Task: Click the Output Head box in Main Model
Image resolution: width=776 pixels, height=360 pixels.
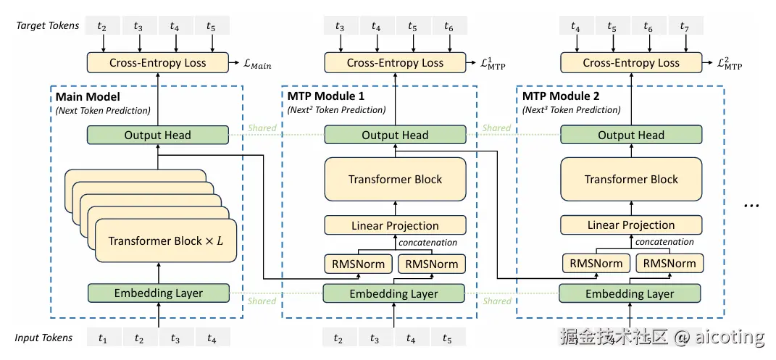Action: (x=157, y=135)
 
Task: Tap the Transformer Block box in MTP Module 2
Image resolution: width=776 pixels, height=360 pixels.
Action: (x=631, y=179)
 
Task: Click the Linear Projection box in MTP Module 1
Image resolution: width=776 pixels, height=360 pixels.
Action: (x=395, y=225)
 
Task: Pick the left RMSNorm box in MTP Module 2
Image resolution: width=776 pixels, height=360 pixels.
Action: (x=596, y=264)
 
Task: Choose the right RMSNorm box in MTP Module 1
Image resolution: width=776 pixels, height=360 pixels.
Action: (x=431, y=264)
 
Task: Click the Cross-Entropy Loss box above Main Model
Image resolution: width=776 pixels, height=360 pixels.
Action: (x=157, y=62)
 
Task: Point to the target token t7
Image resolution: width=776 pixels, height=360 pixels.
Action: (x=684, y=27)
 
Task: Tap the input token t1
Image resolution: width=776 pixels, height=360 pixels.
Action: (x=103, y=338)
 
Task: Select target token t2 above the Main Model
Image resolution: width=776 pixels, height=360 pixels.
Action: (x=103, y=27)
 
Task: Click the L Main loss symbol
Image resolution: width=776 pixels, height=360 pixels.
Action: (x=256, y=64)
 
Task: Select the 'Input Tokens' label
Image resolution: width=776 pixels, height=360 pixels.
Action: (x=43, y=338)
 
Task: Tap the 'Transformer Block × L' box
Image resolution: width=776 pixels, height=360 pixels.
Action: (x=165, y=240)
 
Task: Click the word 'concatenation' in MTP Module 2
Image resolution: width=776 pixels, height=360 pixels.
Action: (x=665, y=242)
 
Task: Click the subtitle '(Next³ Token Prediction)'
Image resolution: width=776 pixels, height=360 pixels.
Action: (x=571, y=110)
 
